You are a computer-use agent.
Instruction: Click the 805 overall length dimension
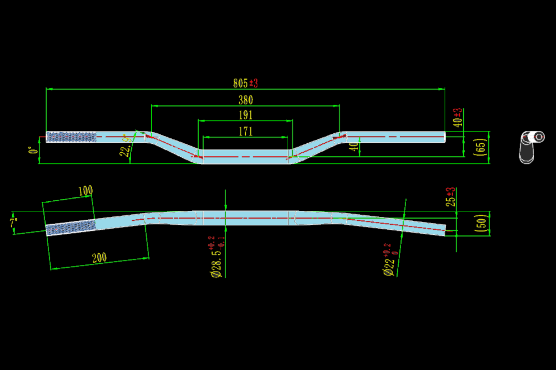tap(240, 83)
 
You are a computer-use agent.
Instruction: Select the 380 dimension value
tap(246, 100)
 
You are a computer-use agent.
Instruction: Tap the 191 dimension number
tap(246, 115)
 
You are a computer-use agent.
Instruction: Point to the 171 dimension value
tap(246, 131)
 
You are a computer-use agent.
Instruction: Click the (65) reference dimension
tap(481, 147)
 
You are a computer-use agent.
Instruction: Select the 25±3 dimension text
tap(451, 197)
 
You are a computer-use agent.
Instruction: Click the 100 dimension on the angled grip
tap(86, 191)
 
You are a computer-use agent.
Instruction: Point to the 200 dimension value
tap(99, 258)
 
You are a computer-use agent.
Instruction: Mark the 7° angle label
tap(14, 223)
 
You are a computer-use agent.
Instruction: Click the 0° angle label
tap(33, 150)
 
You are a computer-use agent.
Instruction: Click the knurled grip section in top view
tap(72, 137)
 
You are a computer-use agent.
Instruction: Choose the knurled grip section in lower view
tap(70, 227)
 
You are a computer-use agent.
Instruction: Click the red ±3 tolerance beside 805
tap(254, 83)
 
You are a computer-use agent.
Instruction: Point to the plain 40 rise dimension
tap(355, 147)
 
